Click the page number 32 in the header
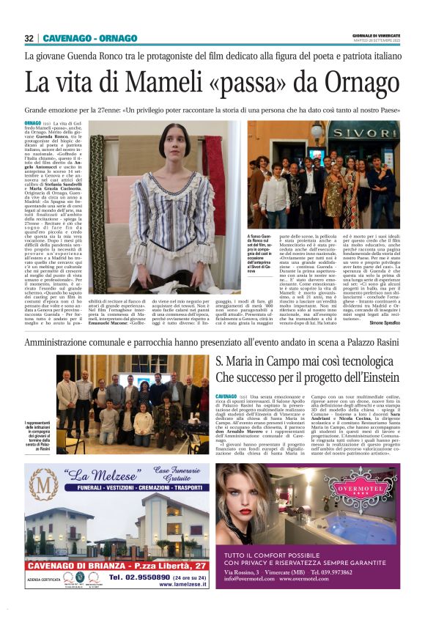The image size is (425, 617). tap(29, 38)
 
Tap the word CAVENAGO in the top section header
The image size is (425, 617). tap(64, 38)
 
